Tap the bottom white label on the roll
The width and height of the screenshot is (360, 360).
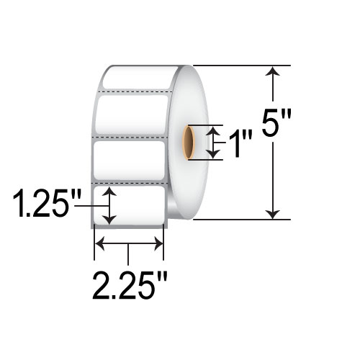click(x=130, y=205)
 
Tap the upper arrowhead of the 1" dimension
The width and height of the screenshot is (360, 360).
click(x=212, y=130)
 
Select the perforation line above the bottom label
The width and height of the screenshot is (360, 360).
click(x=130, y=184)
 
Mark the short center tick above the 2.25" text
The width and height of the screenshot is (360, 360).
click(x=128, y=253)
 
